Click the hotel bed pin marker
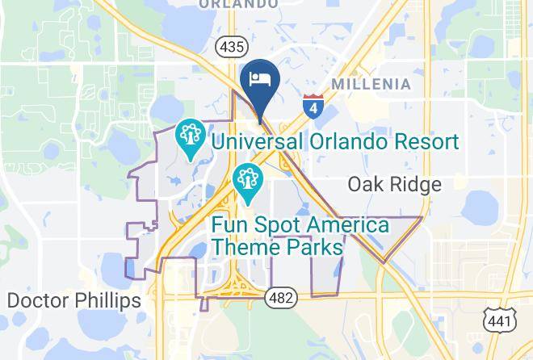(x=260, y=82)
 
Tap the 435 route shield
(x=230, y=47)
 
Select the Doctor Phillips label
(x=73, y=301)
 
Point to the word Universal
(x=256, y=143)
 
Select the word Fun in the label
(x=231, y=225)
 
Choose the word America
(x=341, y=225)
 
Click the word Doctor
(x=36, y=301)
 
